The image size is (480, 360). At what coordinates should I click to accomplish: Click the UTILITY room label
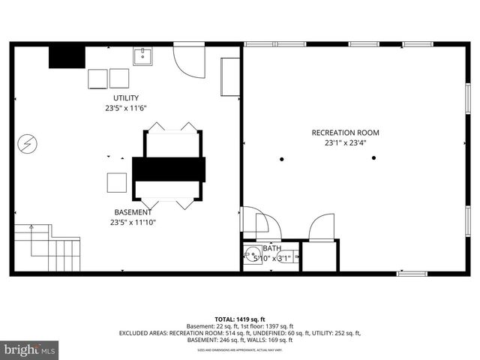pyautogui.click(x=125, y=98)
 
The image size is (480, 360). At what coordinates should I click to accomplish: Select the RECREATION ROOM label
pyautogui.click(x=345, y=133)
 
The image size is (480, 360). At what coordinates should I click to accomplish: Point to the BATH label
pyautogui.click(x=271, y=248)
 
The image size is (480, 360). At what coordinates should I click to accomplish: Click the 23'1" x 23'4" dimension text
pyautogui.click(x=345, y=142)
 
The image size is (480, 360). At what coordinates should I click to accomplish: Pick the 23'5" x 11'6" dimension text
pyautogui.click(x=125, y=108)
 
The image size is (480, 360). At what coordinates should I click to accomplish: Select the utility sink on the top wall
pyautogui.click(x=142, y=55)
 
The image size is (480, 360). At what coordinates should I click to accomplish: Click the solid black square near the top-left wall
pyautogui.click(x=67, y=57)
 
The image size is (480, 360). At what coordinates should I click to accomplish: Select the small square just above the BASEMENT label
pyautogui.click(x=117, y=183)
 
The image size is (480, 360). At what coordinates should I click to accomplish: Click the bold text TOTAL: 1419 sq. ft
pyautogui.click(x=239, y=318)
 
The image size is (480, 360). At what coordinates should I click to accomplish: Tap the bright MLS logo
pyautogui.click(x=30, y=349)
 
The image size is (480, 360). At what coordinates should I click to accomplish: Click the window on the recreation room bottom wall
pyautogui.click(x=412, y=274)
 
